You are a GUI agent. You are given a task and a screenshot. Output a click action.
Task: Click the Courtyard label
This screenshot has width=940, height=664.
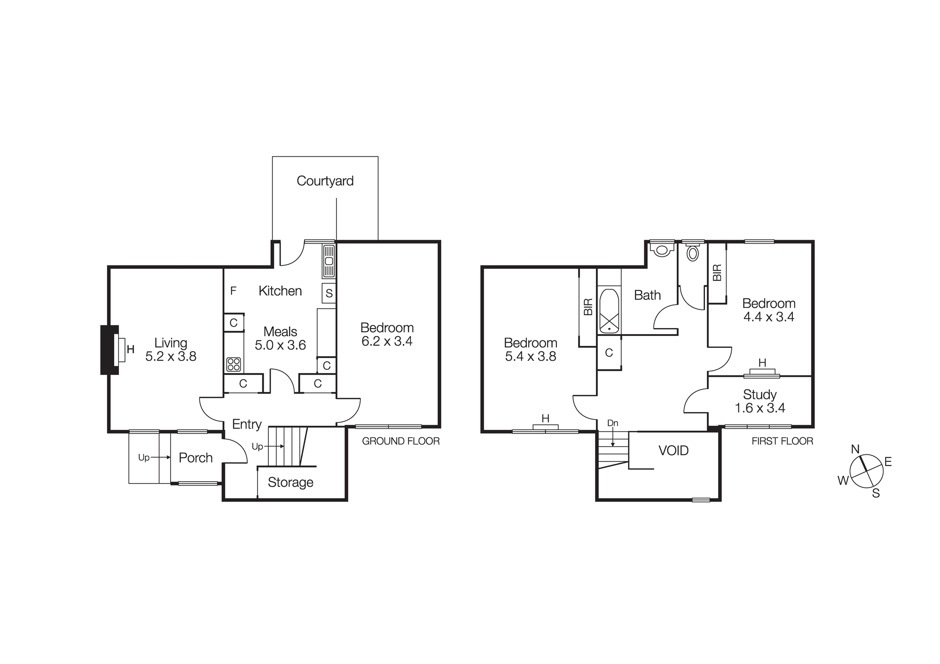tap(325, 181)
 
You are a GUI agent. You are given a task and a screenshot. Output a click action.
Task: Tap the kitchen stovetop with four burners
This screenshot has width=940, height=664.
tap(234, 364)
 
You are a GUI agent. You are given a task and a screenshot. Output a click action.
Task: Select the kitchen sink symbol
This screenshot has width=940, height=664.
tap(329, 261)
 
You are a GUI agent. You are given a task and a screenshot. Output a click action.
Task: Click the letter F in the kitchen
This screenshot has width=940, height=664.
tap(233, 291)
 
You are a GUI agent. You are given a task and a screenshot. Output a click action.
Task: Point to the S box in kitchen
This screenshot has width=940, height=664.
tap(329, 293)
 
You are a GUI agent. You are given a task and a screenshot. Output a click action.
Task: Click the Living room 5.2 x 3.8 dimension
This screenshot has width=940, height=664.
tap(171, 357)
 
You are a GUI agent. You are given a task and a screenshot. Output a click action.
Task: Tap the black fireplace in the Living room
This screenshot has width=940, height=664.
tap(109, 350)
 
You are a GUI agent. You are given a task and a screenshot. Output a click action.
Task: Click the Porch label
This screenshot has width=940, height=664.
tap(196, 458)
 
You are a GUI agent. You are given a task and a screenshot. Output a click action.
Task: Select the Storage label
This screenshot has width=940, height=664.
tap(290, 483)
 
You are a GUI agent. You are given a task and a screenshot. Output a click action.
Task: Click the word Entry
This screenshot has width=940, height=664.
tap(247, 424)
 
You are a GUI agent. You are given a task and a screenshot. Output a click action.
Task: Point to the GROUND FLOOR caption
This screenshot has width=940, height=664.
tap(400, 441)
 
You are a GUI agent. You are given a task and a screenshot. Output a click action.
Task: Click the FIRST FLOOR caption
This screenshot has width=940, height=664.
tap(782, 441)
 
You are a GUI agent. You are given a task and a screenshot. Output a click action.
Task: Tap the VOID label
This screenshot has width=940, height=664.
tap(674, 451)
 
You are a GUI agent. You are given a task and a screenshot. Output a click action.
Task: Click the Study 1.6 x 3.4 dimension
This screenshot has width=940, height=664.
tap(760, 408)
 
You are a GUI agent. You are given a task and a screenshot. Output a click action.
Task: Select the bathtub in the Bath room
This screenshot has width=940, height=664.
tap(609, 311)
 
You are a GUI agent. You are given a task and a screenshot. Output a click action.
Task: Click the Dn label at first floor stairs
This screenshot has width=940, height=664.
tap(612, 423)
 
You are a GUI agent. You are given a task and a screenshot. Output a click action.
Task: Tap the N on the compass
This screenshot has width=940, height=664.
tap(855, 449)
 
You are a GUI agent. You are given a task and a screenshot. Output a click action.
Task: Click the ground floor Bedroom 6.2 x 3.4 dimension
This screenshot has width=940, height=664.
tap(387, 342)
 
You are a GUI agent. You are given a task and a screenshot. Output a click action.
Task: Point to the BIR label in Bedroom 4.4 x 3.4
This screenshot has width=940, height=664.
tap(717, 273)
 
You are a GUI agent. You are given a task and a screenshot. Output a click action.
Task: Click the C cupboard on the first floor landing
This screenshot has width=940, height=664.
tap(609, 353)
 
